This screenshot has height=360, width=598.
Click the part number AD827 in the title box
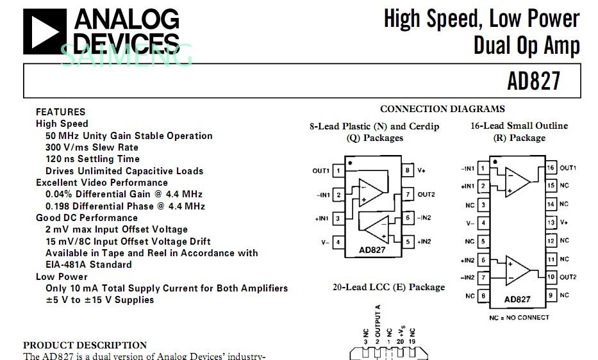pos(533,81)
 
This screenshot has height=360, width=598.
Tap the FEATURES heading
pos(60,111)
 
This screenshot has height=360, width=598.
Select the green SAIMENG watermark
pos(126,56)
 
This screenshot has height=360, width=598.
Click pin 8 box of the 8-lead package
pos(407,170)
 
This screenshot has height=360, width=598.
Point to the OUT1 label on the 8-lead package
pos(320,171)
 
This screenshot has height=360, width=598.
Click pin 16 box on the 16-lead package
pos(551,168)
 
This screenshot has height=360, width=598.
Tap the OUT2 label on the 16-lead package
pos(568,277)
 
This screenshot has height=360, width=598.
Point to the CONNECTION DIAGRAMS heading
pos(442,109)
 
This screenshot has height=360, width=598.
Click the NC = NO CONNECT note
pos(519,318)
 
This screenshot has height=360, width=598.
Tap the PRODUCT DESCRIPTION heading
pos(85,345)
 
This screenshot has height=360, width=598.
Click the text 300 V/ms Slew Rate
pos(92,147)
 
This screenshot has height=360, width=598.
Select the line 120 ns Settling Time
pos(92,159)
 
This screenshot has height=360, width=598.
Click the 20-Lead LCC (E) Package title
pos(388,287)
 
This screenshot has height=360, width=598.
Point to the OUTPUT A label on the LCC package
pos(378,321)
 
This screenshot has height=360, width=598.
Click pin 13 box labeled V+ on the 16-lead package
pos(551,222)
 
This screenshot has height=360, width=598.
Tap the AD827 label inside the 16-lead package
pos(517,299)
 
